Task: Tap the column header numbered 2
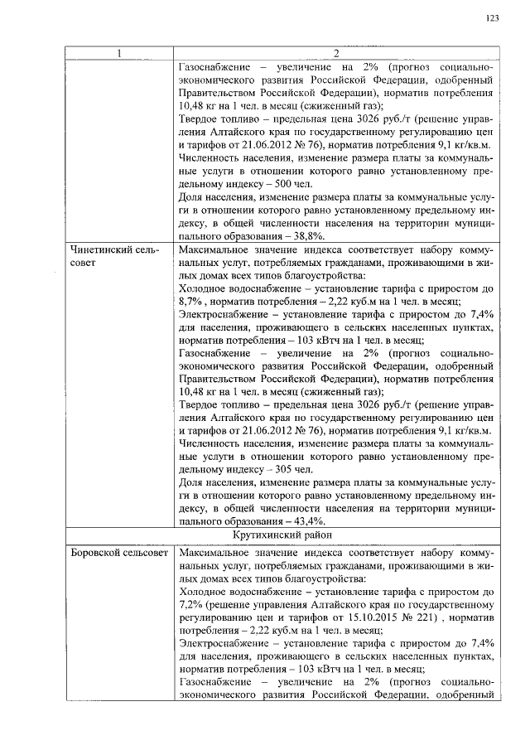pos(336,55)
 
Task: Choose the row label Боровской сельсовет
pos(119,552)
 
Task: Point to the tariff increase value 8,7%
pos(191,303)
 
